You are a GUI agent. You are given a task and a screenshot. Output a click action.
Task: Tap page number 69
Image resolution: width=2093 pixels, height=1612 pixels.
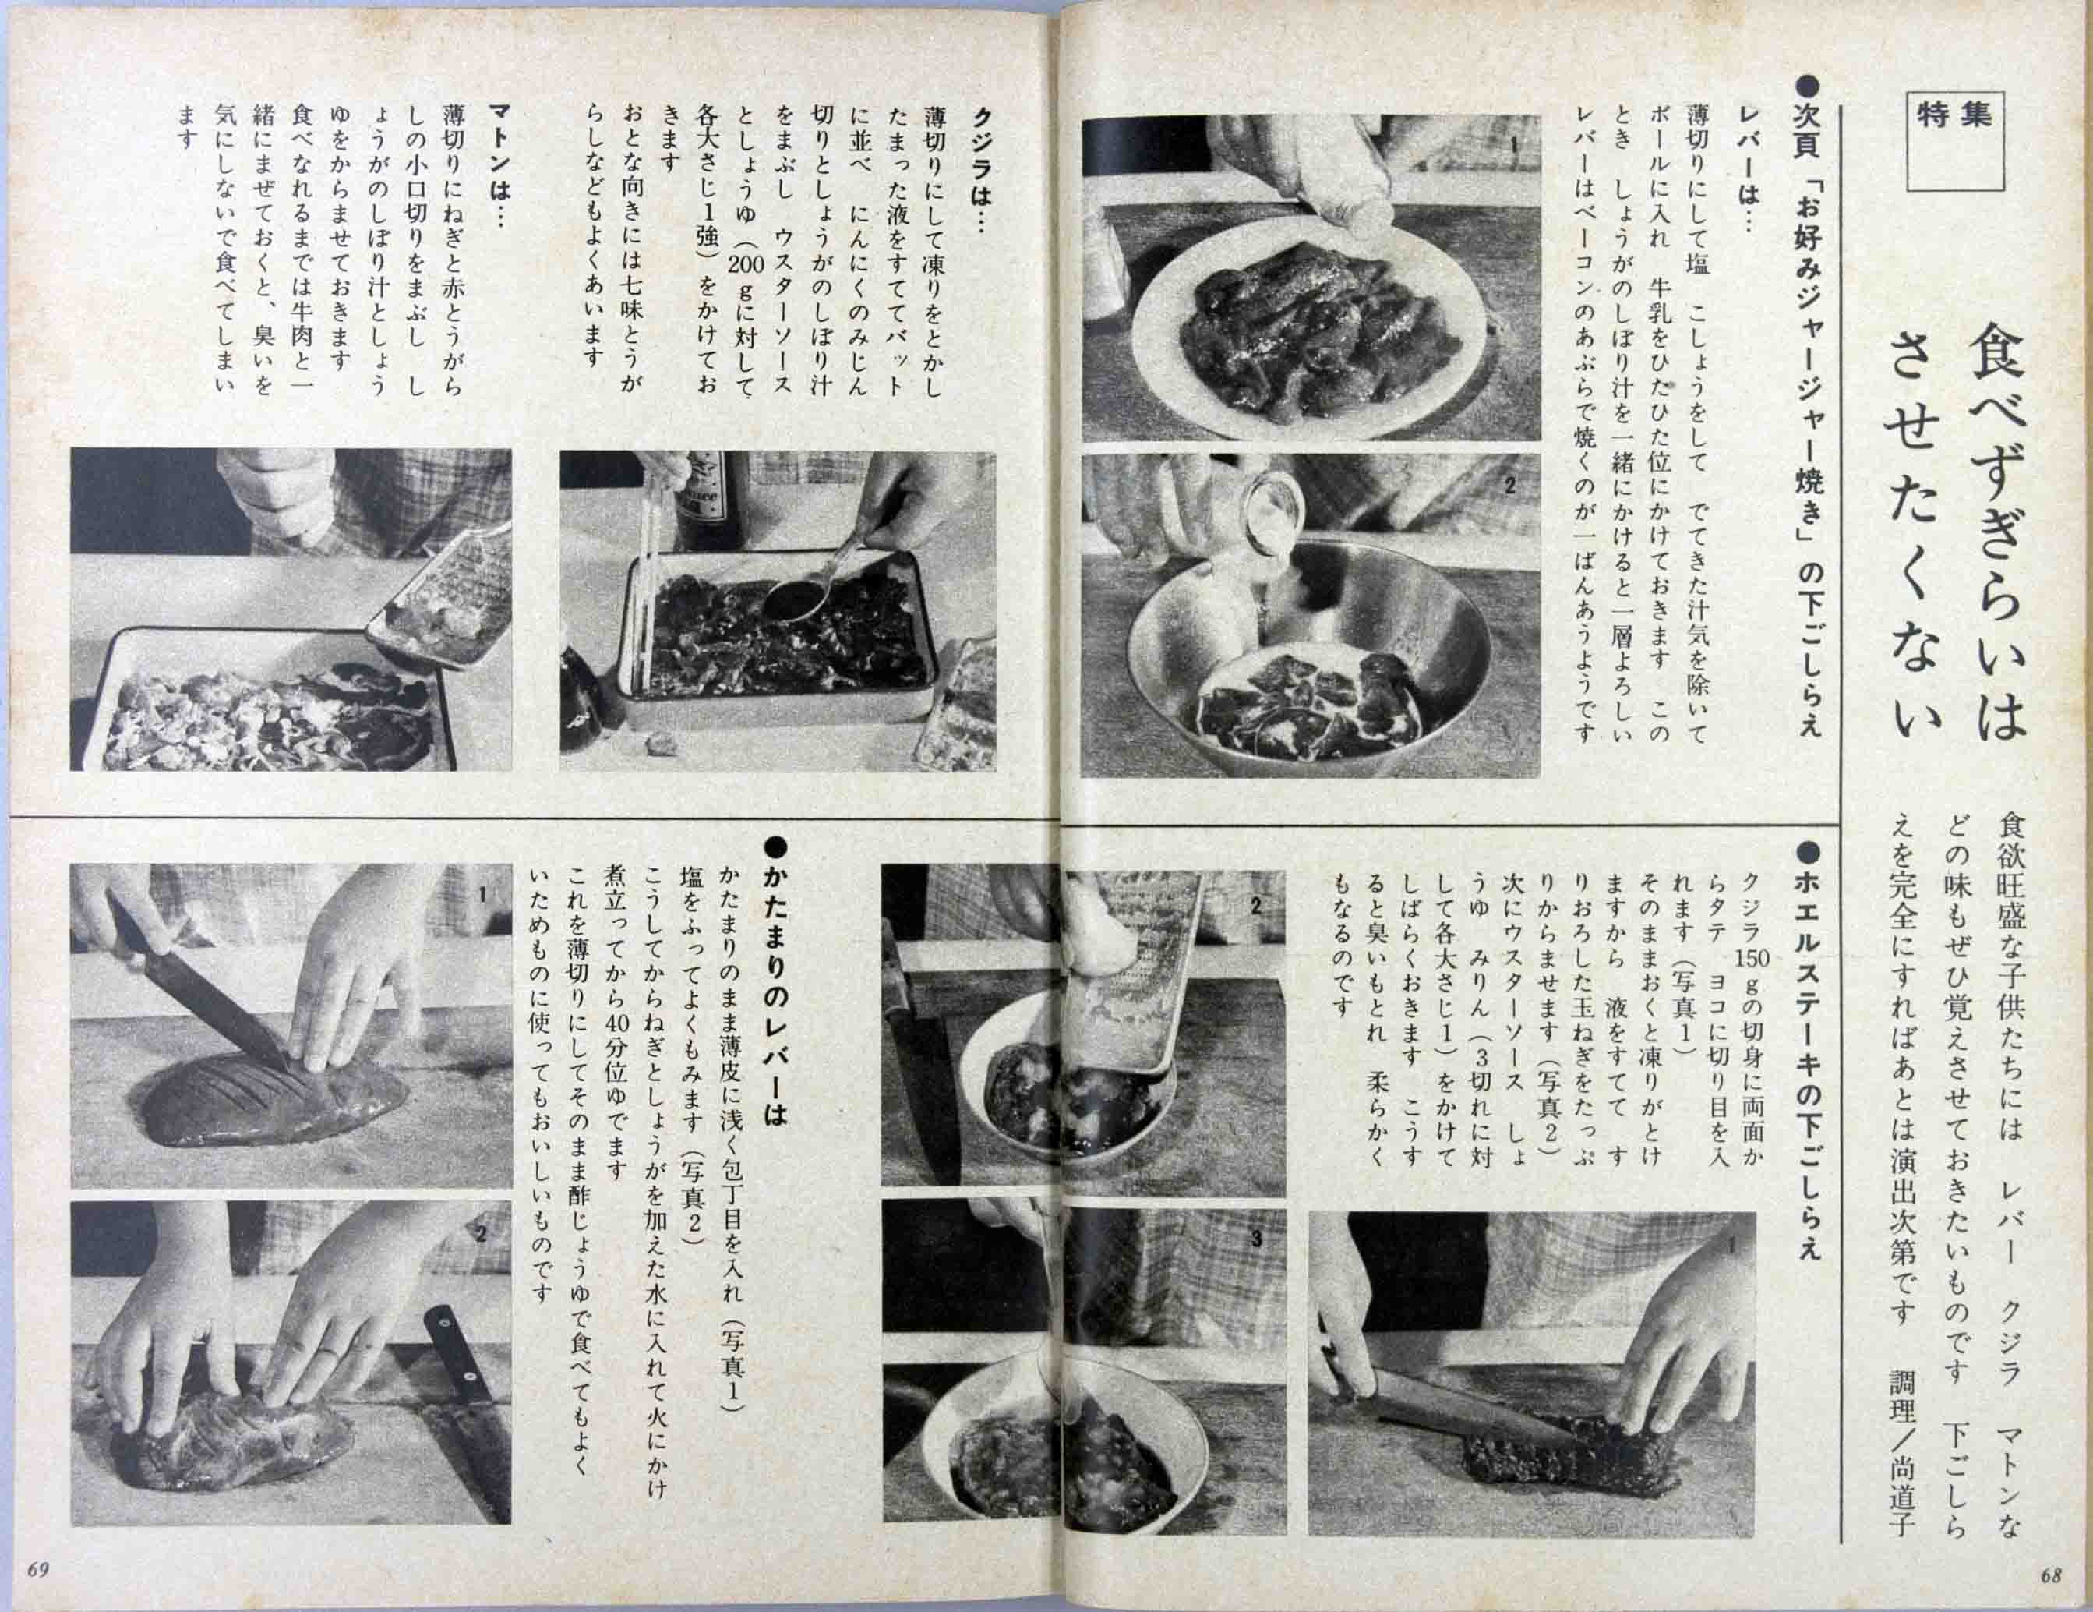pyautogui.click(x=38, y=1570)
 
